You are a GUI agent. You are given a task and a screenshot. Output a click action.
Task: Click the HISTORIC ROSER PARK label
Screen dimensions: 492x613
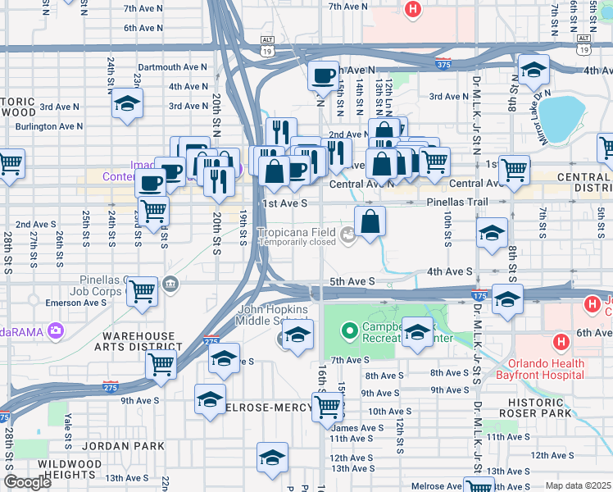[x=547, y=408]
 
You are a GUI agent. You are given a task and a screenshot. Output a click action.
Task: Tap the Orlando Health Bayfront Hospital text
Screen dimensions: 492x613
[x=545, y=369]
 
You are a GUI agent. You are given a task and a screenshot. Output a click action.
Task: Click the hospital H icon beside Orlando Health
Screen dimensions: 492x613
[x=561, y=341]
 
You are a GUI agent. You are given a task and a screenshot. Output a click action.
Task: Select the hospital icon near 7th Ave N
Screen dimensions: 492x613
[x=413, y=9]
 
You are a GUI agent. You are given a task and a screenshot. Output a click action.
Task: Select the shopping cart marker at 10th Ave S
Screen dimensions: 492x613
[x=327, y=406]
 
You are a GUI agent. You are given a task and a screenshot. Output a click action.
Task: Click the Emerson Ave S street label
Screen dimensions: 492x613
[x=78, y=303]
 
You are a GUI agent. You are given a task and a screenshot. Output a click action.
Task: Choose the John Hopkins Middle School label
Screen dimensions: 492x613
[x=274, y=315]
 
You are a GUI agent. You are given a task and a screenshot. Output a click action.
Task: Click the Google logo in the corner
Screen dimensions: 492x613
[x=27, y=482]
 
